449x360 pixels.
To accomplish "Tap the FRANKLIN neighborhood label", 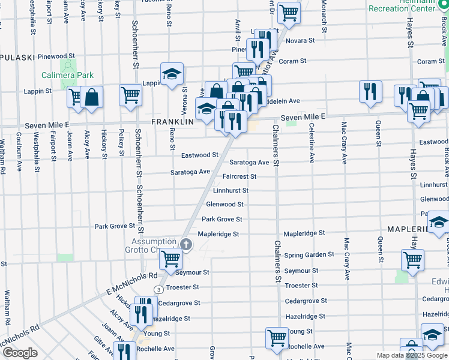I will click(x=172, y=121).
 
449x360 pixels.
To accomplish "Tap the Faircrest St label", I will click(x=239, y=177).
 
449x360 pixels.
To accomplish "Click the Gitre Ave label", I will click(x=99, y=349).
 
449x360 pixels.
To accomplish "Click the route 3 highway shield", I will click(x=158, y=289).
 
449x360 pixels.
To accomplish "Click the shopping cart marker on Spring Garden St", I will click(x=412, y=260).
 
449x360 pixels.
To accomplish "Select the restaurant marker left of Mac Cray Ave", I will click(x=370, y=92).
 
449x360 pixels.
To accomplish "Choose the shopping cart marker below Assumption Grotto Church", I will click(x=170, y=259).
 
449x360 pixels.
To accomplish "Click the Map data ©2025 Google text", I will click(x=412, y=355).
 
